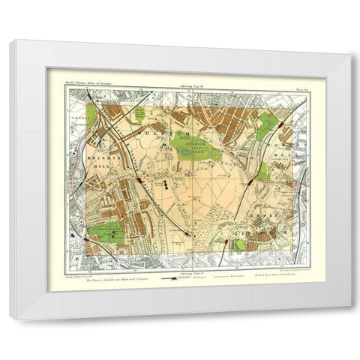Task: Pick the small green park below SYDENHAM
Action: tap(239, 244)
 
